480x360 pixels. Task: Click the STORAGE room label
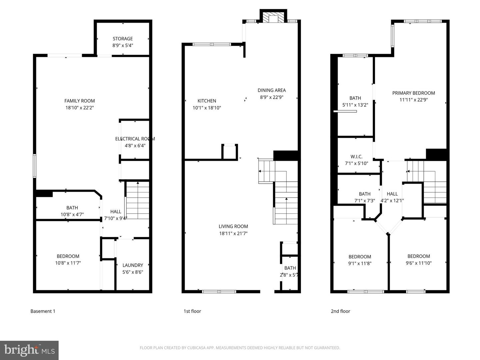(x=123, y=39)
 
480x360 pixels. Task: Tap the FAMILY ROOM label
(x=80, y=101)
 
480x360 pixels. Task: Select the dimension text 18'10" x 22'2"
(x=80, y=108)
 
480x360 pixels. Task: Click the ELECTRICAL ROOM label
(x=135, y=139)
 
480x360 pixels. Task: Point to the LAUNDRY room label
(x=133, y=265)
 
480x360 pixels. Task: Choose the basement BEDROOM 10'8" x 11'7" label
(x=68, y=256)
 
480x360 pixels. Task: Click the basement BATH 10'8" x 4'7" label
(x=72, y=208)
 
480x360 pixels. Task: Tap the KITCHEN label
(x=207, y=101)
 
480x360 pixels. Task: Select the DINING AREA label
(x=272, y=90)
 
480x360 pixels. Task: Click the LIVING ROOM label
(x=233, y=226)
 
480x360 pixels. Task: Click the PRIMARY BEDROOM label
(x=414, y=93)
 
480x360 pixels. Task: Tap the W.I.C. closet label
(x=356, y=157)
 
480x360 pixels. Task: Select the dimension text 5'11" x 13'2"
(x=355, y=105)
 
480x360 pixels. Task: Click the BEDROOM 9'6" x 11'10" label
(x=419, y=256)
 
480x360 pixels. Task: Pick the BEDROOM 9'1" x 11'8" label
(x=360, y=257)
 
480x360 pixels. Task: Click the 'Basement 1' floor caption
(x=43, y=311)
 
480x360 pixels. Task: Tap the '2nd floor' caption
(x=340, y=311)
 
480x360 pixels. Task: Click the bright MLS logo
(x=29, y=350)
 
